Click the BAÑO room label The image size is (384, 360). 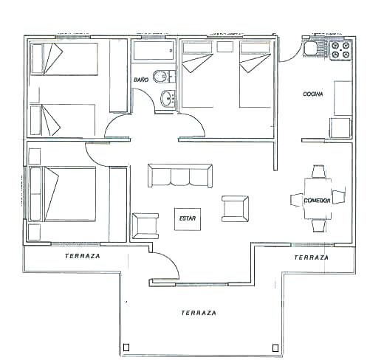[141, 80]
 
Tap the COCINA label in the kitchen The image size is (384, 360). [313, 94]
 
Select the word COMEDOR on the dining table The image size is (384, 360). [317, 201]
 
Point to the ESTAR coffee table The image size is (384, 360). [188, 219]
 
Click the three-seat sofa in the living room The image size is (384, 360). [180, 176]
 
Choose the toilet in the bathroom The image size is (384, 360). [163, 76]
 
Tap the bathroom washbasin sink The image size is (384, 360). [168, 99]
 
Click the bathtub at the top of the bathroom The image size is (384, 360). [154, 50]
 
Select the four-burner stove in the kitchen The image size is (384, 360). [340, 50]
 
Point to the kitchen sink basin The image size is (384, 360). [310, 49]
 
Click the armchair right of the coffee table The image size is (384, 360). [235, 209]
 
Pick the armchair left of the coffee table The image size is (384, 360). [145, 226]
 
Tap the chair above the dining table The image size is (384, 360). [318, 171]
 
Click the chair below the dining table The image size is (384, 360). [319, 226]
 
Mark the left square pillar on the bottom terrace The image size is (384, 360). [126, 347]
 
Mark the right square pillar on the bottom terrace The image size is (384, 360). [275, 348]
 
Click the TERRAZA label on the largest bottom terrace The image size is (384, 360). [199, 313]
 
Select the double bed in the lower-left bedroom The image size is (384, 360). [63, 194]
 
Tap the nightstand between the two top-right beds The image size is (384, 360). [225, 46]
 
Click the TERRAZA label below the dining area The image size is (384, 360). [312, 257]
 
